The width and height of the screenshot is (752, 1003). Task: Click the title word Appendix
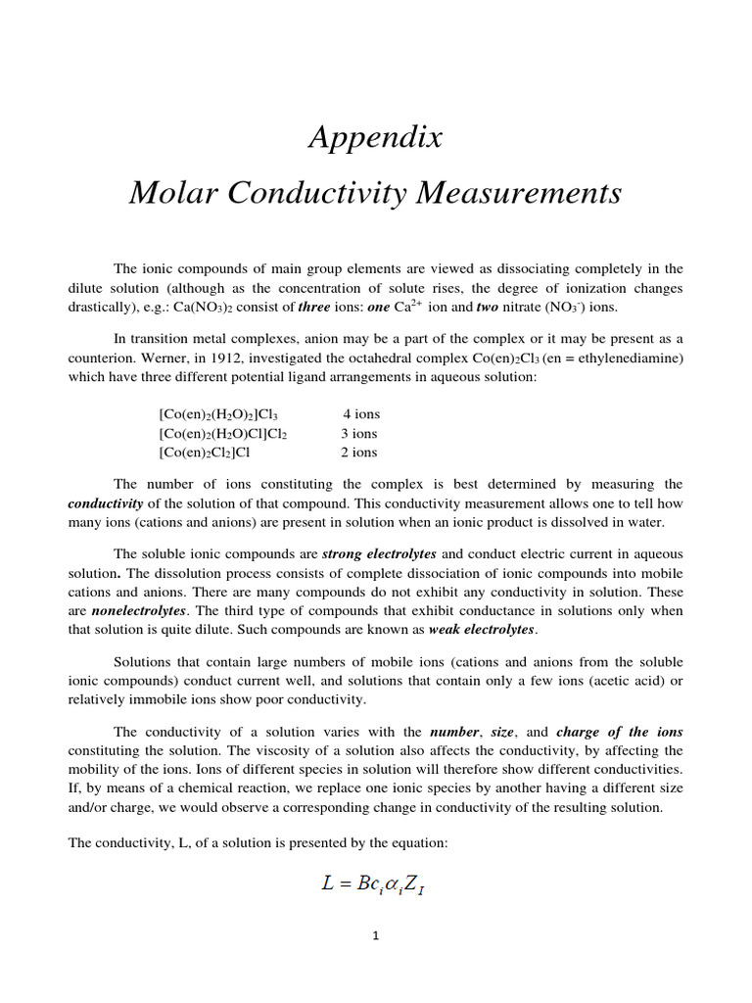(x=376, y=138)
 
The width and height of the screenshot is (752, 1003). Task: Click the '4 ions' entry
(x=360, y=414)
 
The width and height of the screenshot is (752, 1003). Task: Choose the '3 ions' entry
(x=358, y=433)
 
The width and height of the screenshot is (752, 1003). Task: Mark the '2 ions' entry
(x=358, y=453)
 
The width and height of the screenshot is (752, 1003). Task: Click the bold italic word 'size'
(x=510, y=732)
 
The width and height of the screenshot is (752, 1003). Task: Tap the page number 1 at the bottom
(x=375, y=935)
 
